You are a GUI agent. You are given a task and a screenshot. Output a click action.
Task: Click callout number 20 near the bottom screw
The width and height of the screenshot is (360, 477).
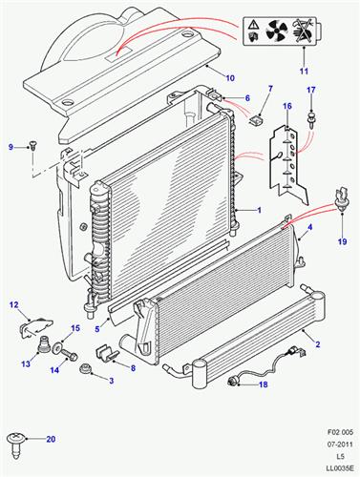coord(52,440)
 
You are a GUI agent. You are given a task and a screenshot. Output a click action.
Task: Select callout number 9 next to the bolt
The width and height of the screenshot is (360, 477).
coord(12,146)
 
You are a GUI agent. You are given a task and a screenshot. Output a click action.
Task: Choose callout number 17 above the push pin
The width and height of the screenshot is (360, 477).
coord(310,91)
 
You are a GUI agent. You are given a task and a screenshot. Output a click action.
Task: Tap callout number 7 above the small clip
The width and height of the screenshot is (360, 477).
coord(269,89)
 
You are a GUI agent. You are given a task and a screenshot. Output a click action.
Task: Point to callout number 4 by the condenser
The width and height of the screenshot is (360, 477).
coord(307,228)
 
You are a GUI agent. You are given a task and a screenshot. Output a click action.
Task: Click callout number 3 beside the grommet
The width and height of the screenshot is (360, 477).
coord(111,382)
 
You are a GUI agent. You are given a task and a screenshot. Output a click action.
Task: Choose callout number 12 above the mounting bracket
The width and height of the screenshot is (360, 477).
coord(14,305)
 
